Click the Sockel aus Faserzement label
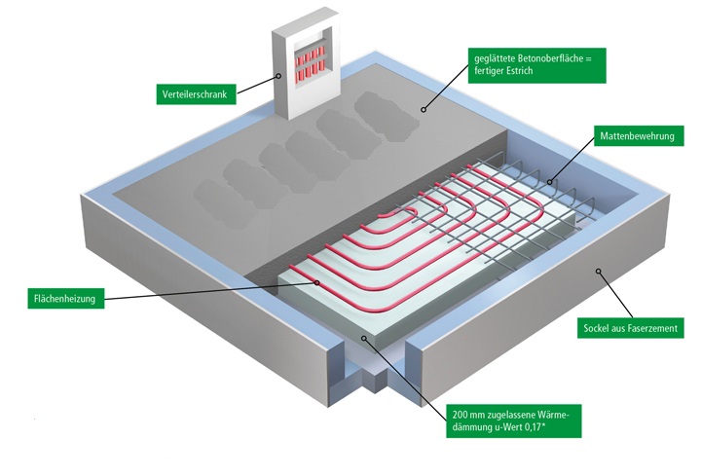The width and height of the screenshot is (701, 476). pyautogui.click(x=630, y=328)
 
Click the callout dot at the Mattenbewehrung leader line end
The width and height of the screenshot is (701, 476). pyautogui.click(x=550, y=180)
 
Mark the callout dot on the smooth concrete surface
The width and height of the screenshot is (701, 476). pyautogui.click(x=423, y=109)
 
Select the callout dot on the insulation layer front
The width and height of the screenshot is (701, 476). pyautogui.click(x=364, y=337)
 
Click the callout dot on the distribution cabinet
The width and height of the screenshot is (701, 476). pyautogui.click(x=278, y=74)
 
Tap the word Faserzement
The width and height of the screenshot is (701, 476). pyautogui.click(x=652, y=328)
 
